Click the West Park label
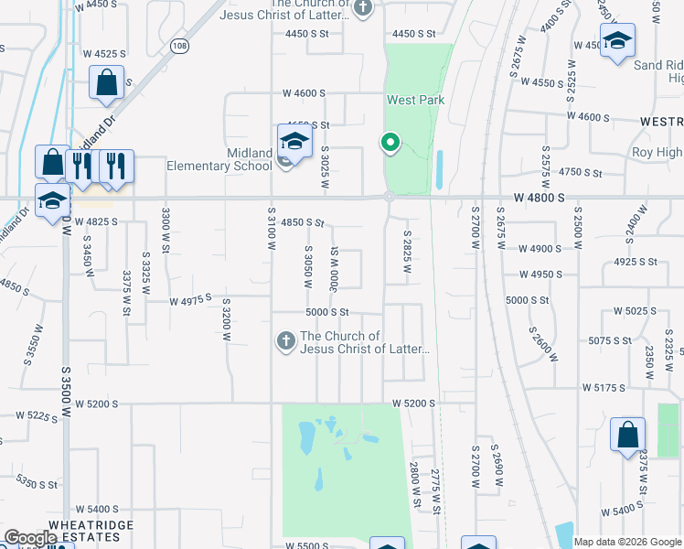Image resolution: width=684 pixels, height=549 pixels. click(x=415, y=100)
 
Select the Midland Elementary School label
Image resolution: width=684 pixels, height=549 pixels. click(x=219, y=159)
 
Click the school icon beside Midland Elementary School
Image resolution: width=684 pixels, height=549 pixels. click(x=294, y=142)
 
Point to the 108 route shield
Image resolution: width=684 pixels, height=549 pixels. click(x=179, y=45)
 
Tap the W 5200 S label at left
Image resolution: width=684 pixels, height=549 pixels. click(x=97, y=403)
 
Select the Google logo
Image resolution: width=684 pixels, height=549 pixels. click(x=30, y=538)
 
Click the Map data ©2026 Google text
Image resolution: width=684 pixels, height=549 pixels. click(x=627, y=542)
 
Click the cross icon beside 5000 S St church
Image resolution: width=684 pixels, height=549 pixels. click(x=285, y=342)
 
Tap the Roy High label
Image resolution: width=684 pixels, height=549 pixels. click(x=657, y=153)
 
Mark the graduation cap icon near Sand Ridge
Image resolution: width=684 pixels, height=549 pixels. click(x=618, y=42)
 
